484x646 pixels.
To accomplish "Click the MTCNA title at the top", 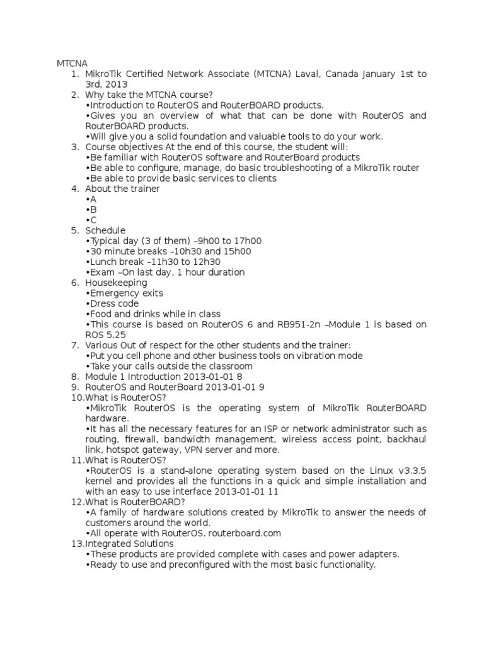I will click(x=72, y=64).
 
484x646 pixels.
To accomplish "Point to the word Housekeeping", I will click(x=116, y=283).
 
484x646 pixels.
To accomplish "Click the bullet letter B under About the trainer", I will click(x=93, y=209).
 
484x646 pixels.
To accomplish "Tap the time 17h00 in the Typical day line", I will click(x=248, y=241).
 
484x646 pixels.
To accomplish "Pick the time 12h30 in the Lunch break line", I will click(x=206, y=262).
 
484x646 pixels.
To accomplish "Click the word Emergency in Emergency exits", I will click(x=117, y=293).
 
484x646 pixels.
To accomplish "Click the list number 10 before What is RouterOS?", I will click(x=76, y=397).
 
